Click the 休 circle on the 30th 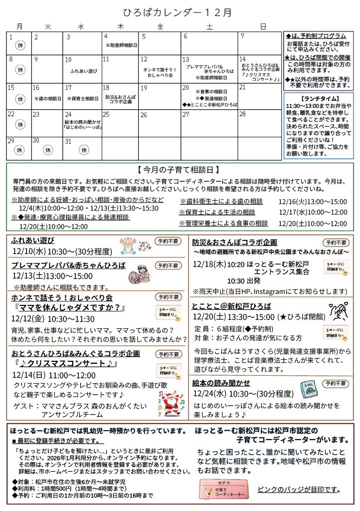click(x=48, y=149)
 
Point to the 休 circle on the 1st click(x=20, y=45)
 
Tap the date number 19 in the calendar click(x=144, y=88)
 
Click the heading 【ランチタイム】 click(x=318, y=98)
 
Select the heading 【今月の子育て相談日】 click(x=180, y=170)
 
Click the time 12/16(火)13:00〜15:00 click(x=313, y=202)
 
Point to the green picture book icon click(x=307, y=387)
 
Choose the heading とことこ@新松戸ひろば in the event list click(x=231, y=306)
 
